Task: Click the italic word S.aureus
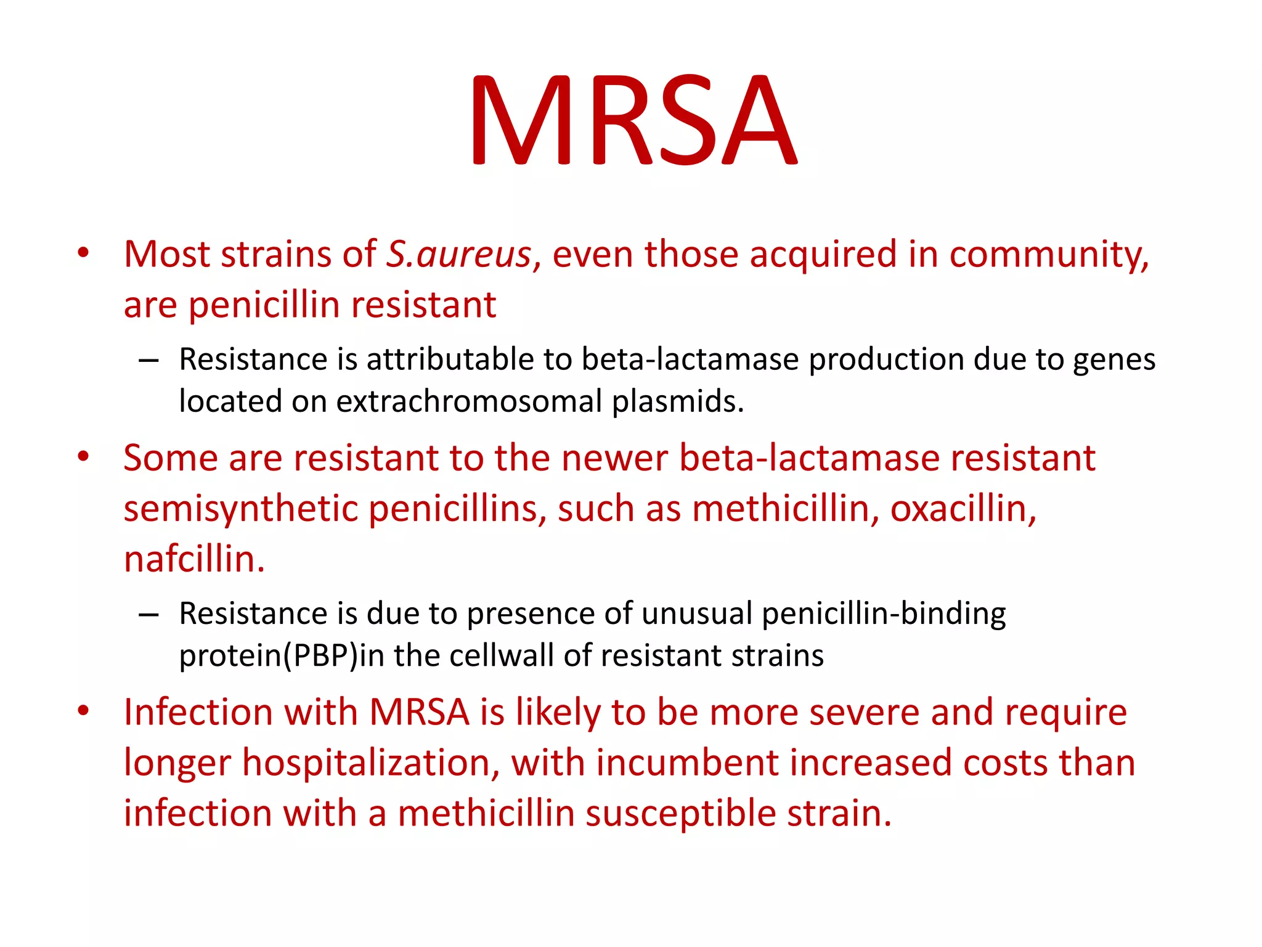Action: (459, 254)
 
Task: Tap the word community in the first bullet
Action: (1048, 254)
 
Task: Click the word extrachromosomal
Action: (468, 401)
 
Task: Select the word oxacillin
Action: (963, 509)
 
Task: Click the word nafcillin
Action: (193, 559)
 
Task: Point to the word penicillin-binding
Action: (883, 614)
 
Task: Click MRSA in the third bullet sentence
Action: (419, 712)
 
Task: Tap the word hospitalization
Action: (370, 763)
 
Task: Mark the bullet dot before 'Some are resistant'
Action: (84, 457)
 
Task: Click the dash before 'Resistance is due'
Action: (149, 615)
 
